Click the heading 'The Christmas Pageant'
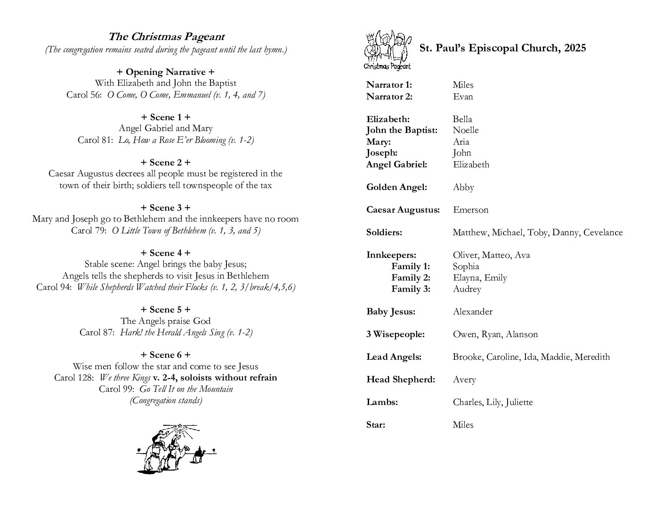point(166,37)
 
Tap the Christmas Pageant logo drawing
point(387,50)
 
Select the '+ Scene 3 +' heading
point(165,207)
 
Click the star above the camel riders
point(179,428)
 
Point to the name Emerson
point(470,210)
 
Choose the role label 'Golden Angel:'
point(396,187)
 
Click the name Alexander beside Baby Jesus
point(472,312)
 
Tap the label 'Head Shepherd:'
point(401,380)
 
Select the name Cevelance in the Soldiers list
point(603,232)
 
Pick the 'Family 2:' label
point(411,278)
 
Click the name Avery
point(464,380)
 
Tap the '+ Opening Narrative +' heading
point(165,72)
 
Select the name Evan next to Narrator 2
point(463,97)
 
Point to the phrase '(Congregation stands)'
point(166,400)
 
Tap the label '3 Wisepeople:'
point(396,334)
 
